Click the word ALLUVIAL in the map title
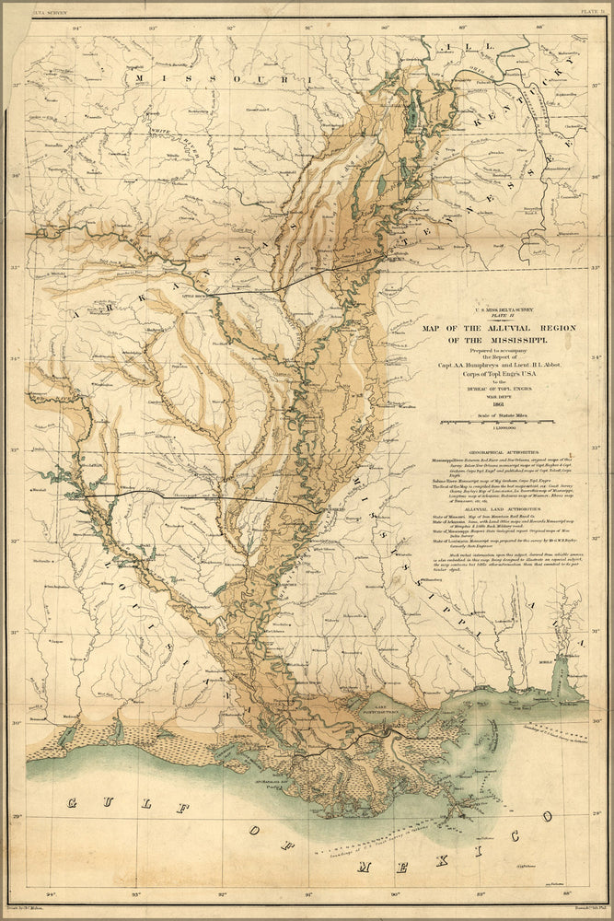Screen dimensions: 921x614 coord(496,326)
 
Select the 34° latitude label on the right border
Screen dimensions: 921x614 coord(595,357)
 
